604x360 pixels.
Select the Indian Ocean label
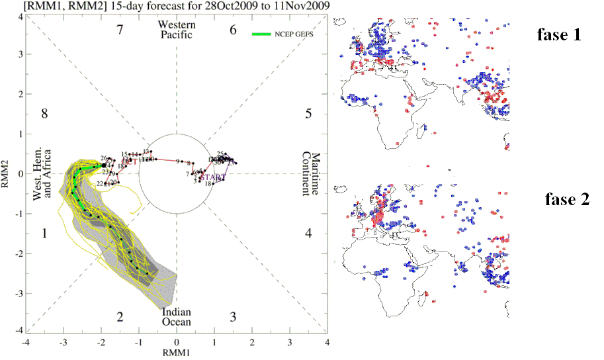click(x=177, y=316)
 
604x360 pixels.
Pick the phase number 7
click(x=120, y=30)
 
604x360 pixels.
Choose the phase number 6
click(x=233, y=30)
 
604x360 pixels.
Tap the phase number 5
click(x=308, y=113)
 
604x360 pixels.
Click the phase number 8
click(x=45, y=113)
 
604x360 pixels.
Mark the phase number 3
click(x=233, y=316)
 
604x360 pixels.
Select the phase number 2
click(x=120, y=316)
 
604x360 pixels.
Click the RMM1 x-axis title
click(x=176, y=354)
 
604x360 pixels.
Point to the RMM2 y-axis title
click(x=7, y=174)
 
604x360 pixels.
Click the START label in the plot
click(x=210, y=177)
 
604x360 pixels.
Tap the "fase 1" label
click(x=559, y=35)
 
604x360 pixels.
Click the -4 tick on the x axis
click(x=26, y=342)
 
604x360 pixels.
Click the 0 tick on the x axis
click(x=177, y=342)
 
